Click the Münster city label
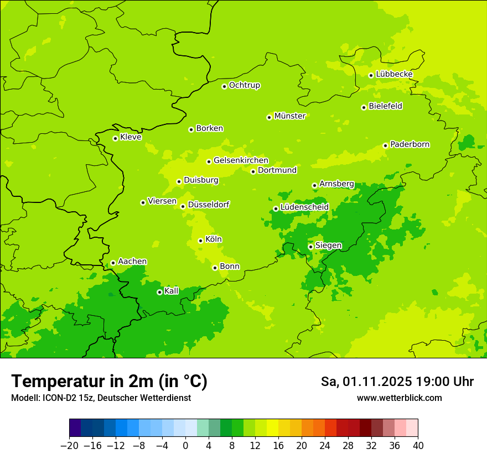(290, 116)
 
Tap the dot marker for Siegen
(310, 247)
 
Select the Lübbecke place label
(394, 74)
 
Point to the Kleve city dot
(115, 138)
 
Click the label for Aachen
(132, 262)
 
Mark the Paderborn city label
(410, 144)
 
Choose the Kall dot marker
(159, 292)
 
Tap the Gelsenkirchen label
(241, 160)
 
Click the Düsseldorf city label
(209, 205)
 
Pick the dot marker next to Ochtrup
(224, 86)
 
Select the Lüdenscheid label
(304, 207)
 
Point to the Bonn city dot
(215, 268)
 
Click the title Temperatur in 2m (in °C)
(109, 381)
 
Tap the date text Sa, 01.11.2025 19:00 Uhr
(397, 382)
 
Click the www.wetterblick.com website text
(399, 398)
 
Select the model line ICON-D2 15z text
(101, 398)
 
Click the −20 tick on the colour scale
(69, 446)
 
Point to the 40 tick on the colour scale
(418, 446)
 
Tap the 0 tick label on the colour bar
(185, 446)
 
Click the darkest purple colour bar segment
(75, 428)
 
